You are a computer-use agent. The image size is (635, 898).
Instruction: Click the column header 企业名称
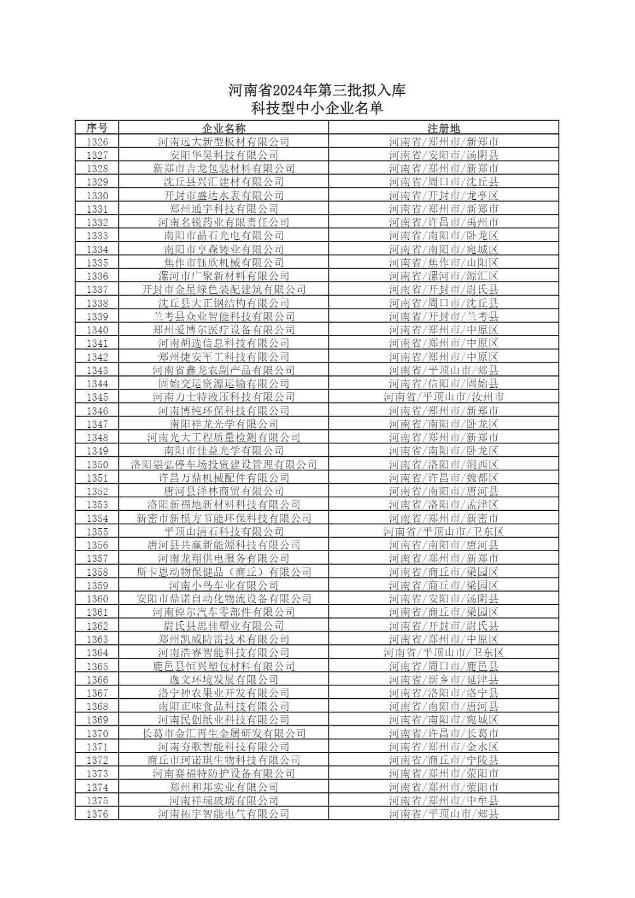point(223,128)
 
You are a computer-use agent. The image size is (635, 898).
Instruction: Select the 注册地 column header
point(444,128)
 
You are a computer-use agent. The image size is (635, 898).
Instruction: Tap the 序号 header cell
point(97,128)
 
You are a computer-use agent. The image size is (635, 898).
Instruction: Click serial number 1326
point(97,141)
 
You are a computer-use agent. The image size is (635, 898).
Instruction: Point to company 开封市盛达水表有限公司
point(223,195)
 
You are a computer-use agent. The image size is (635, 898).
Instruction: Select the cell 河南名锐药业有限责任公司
point(223,222)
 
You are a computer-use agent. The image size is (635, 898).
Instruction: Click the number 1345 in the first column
point(97,397)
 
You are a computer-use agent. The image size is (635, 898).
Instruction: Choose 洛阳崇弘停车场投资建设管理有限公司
point(223,464)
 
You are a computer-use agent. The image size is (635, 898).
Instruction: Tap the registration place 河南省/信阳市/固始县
point(444,384)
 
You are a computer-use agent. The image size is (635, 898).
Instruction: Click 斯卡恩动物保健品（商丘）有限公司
point(223,572)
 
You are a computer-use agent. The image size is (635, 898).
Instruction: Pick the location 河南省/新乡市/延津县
point(444,680)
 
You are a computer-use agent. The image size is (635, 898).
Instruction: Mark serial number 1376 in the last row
point(97,814)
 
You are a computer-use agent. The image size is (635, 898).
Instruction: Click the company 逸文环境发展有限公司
point(223,680)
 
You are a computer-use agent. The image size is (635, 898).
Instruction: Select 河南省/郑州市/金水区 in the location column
point(444,747)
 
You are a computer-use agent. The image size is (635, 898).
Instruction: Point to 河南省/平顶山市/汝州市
point(444,397)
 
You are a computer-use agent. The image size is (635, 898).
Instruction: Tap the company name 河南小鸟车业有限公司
point(223,585)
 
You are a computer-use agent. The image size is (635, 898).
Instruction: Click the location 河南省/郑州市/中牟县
point(444,801)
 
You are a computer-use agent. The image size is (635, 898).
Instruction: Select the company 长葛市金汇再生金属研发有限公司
point(223,734)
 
